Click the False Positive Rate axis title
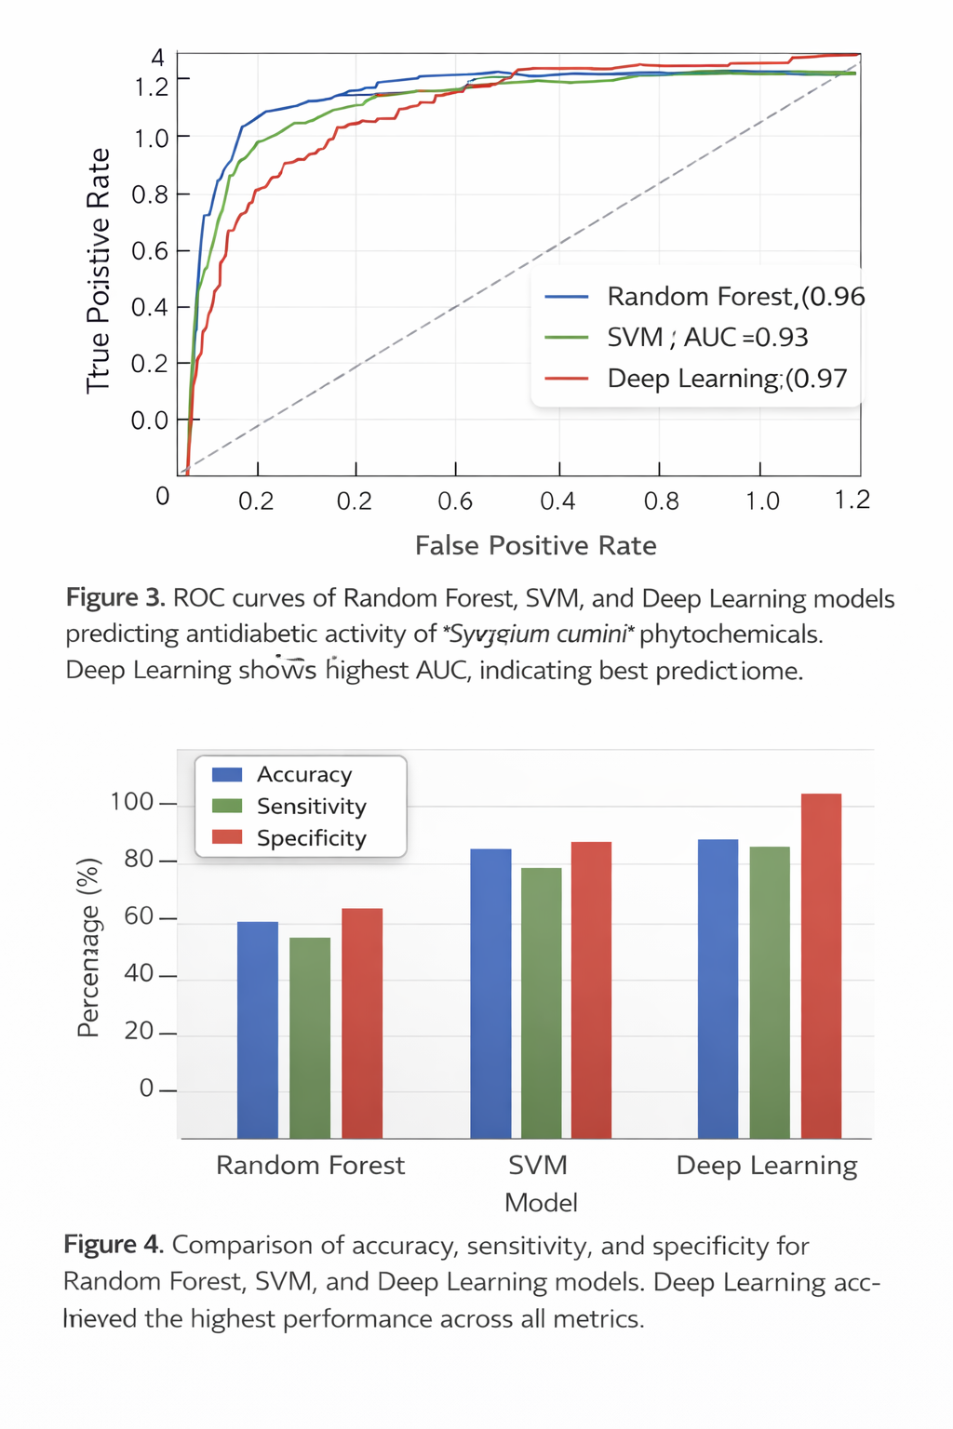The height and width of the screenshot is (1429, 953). coord(535,545)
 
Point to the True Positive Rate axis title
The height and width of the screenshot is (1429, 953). coord(99,270)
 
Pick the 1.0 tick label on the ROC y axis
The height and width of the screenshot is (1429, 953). coord(150,139)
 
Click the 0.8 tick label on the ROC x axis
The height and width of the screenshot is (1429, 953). coord(661,501)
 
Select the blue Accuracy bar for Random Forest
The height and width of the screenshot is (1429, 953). coord(258,1029)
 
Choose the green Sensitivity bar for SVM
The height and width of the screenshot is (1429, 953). coord(542,1002)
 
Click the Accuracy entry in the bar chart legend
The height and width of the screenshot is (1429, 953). coord(304,775)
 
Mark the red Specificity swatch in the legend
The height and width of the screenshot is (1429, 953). coord(227,837)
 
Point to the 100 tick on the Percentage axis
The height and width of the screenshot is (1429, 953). coord(131,802)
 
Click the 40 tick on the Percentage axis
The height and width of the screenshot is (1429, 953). coord(139,974)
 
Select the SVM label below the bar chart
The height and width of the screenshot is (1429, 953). coord(538,1166)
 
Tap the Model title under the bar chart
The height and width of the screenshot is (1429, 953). coord(541,1203)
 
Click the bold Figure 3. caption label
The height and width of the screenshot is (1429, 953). coord(115,598)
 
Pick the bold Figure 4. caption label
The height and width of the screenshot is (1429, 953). coord(114,1245)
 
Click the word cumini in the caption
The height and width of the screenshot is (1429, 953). coord(591,634)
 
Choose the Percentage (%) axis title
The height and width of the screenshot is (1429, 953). coord(88,947)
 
